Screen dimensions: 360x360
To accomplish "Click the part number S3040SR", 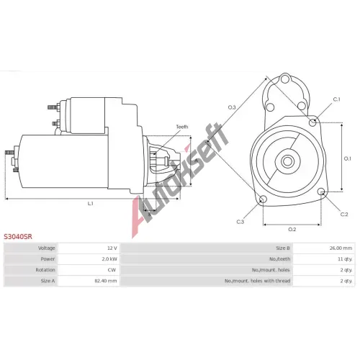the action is tap(18, 237).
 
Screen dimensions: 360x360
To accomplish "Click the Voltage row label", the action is tap(47, 248).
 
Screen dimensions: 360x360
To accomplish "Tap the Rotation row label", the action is tap(45, 270).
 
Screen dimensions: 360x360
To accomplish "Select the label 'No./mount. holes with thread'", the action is tap(258, 281).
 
